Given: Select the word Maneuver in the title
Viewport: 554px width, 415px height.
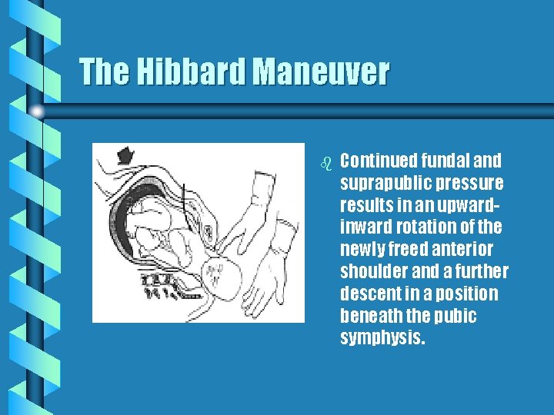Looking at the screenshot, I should click(x=321, y=72).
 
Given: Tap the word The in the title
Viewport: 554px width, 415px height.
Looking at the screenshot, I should click(x=105, y=72).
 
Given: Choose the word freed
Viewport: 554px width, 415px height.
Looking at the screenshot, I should click(x=413, y=250).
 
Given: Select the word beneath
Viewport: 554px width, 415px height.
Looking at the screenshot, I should click(x=369, y=317).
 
